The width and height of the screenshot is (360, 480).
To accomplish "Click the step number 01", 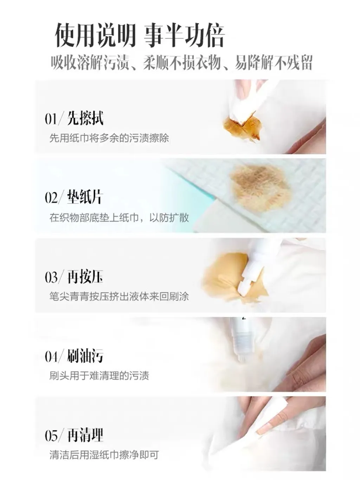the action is point(51,120).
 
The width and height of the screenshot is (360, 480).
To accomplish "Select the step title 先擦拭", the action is point(85,118).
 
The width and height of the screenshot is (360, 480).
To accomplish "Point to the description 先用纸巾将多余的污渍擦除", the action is point(109,138).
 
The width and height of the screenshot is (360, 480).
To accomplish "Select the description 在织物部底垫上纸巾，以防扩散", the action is point(119,218).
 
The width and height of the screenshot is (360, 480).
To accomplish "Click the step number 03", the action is point(51,277).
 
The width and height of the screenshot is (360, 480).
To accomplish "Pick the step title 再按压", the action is point(85,276).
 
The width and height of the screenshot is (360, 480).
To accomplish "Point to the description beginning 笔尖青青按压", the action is point(119,297).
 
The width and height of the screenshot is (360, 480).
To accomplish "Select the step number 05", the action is point(51,436).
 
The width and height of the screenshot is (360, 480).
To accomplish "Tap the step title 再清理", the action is point(85,435).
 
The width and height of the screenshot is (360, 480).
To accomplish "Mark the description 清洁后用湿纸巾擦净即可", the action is point(104,455).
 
